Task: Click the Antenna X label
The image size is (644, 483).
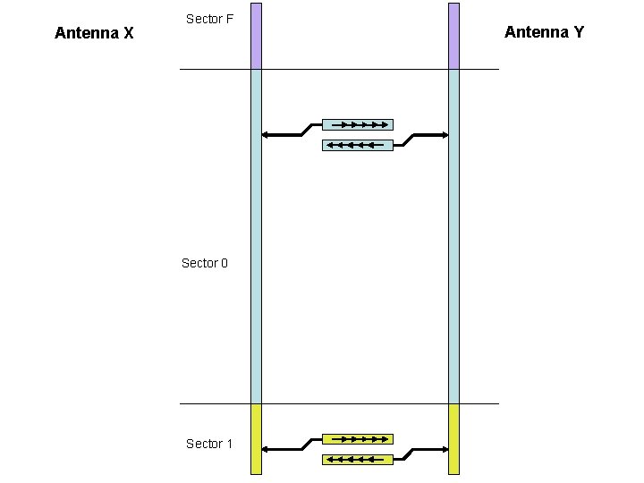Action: [x=94, y=33]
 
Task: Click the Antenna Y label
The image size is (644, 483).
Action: [x=544, y=32]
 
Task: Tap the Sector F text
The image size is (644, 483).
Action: [x=209, y=18]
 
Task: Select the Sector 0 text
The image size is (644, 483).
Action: [x=205, y=263]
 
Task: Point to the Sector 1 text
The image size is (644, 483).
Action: [x=209, y=444]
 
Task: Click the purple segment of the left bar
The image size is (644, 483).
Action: [x=256, y=36]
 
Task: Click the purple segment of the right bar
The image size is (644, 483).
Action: [x=453, y=36]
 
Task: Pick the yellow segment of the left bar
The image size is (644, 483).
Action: [x=256, y=438]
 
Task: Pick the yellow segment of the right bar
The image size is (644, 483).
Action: [x=453, y=438]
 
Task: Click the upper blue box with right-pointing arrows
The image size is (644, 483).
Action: [x=357, y=124]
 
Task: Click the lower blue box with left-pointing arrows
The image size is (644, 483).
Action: [x=357, y=144]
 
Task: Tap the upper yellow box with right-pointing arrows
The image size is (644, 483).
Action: [x=357, y=439]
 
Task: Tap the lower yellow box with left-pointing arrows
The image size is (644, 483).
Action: [x=357, y=460]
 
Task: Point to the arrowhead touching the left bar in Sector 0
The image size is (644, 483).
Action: [x=265, y=135]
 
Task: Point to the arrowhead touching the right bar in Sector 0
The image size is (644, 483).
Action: [x=445, y=135]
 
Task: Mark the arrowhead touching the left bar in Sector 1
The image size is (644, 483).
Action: [x=265, y=449]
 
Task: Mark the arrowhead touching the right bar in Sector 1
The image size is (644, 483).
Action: [x=445, y=449]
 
